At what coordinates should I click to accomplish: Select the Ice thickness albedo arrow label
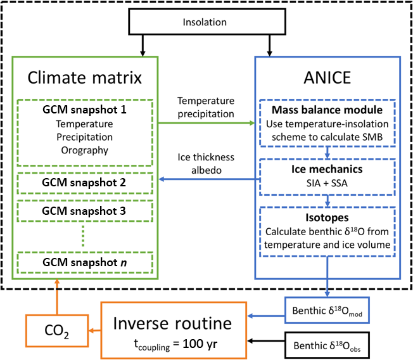point(205,162)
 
